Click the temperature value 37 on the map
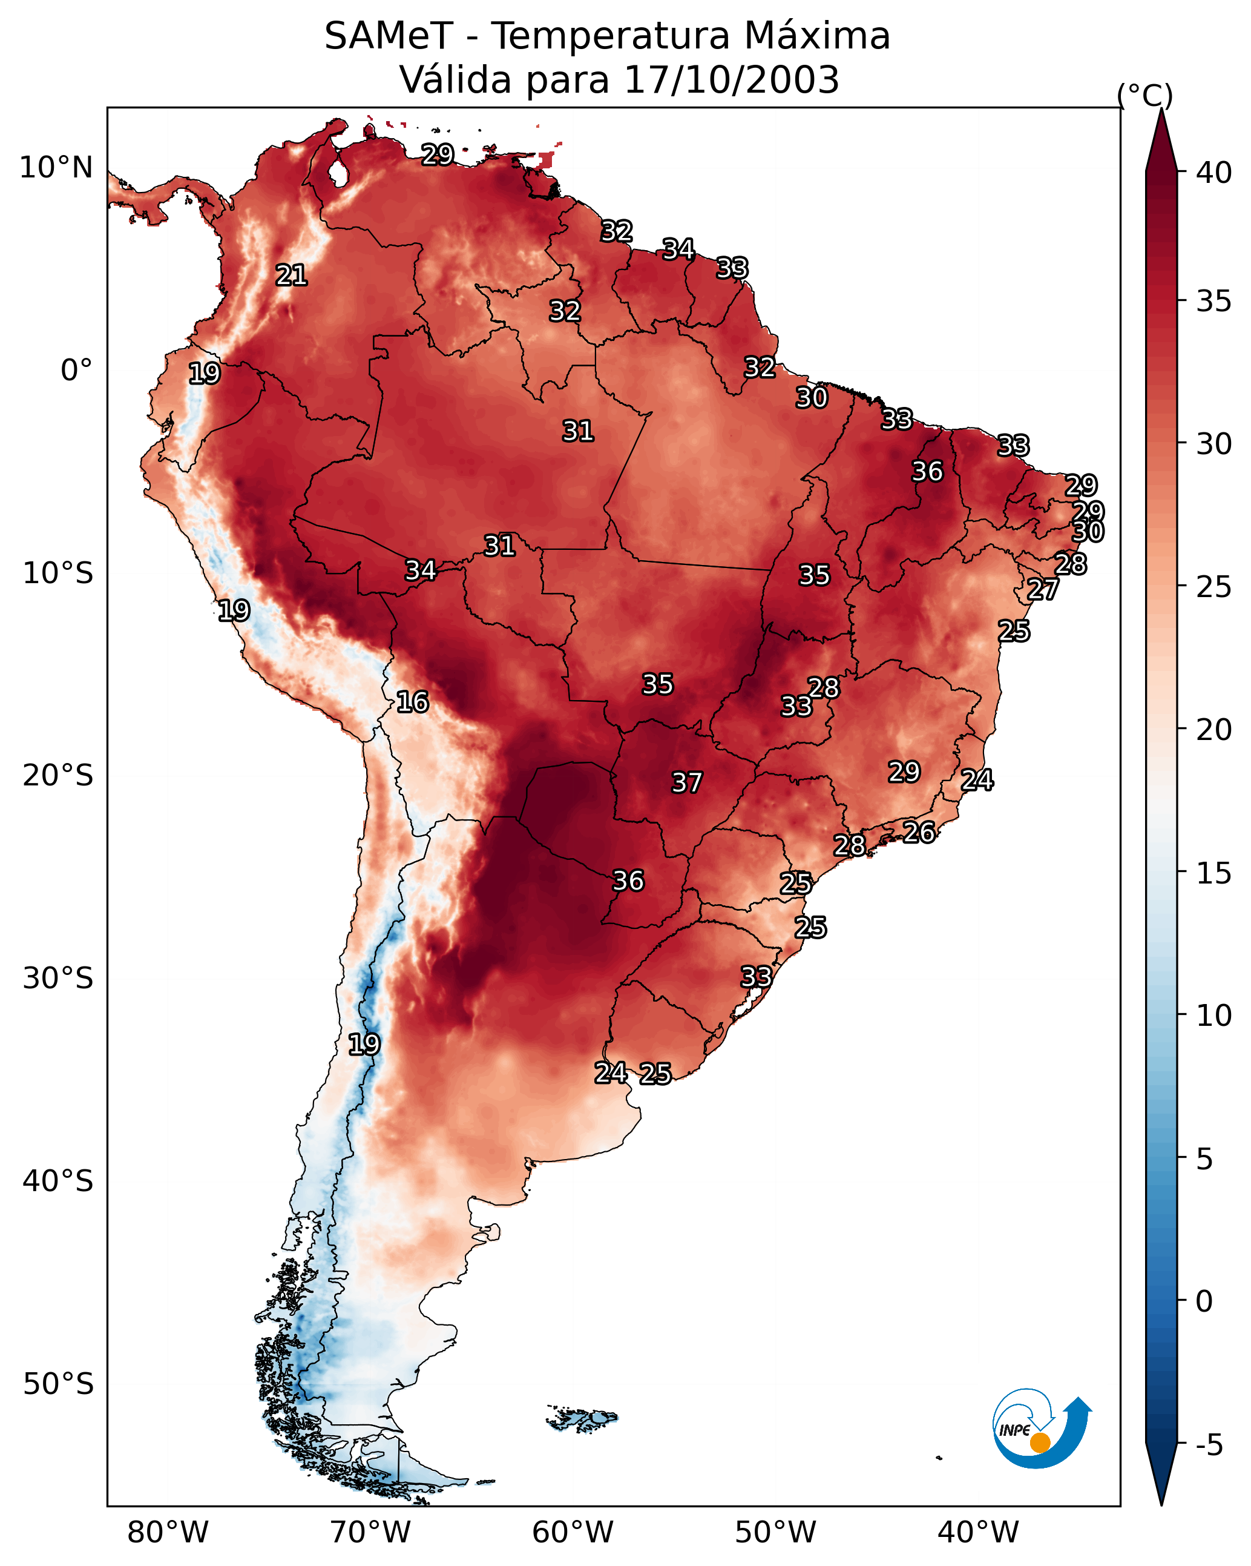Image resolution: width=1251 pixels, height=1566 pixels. [687, 783]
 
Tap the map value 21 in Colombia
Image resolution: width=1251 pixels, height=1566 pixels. [291, 276]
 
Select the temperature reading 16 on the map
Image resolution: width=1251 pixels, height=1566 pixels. [412, 702]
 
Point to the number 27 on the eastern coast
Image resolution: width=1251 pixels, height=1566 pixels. [1043, 590]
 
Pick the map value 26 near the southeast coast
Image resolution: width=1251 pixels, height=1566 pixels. [919, 833]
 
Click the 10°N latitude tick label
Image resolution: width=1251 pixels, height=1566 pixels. [56, 168]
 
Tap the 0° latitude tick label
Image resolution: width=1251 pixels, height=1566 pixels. [77, 371]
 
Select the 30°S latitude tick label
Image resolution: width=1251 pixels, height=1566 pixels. [58, 979]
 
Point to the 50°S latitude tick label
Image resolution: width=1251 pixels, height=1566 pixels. [58, 1384]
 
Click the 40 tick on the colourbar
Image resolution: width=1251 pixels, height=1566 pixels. [1214, 173]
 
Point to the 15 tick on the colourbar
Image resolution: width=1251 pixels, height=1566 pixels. [1214, 873]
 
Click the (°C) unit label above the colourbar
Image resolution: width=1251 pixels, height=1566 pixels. [1145, 95]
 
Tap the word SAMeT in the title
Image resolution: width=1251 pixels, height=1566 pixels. [389, 36]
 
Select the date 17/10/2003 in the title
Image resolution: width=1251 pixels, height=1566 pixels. [731, 80]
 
